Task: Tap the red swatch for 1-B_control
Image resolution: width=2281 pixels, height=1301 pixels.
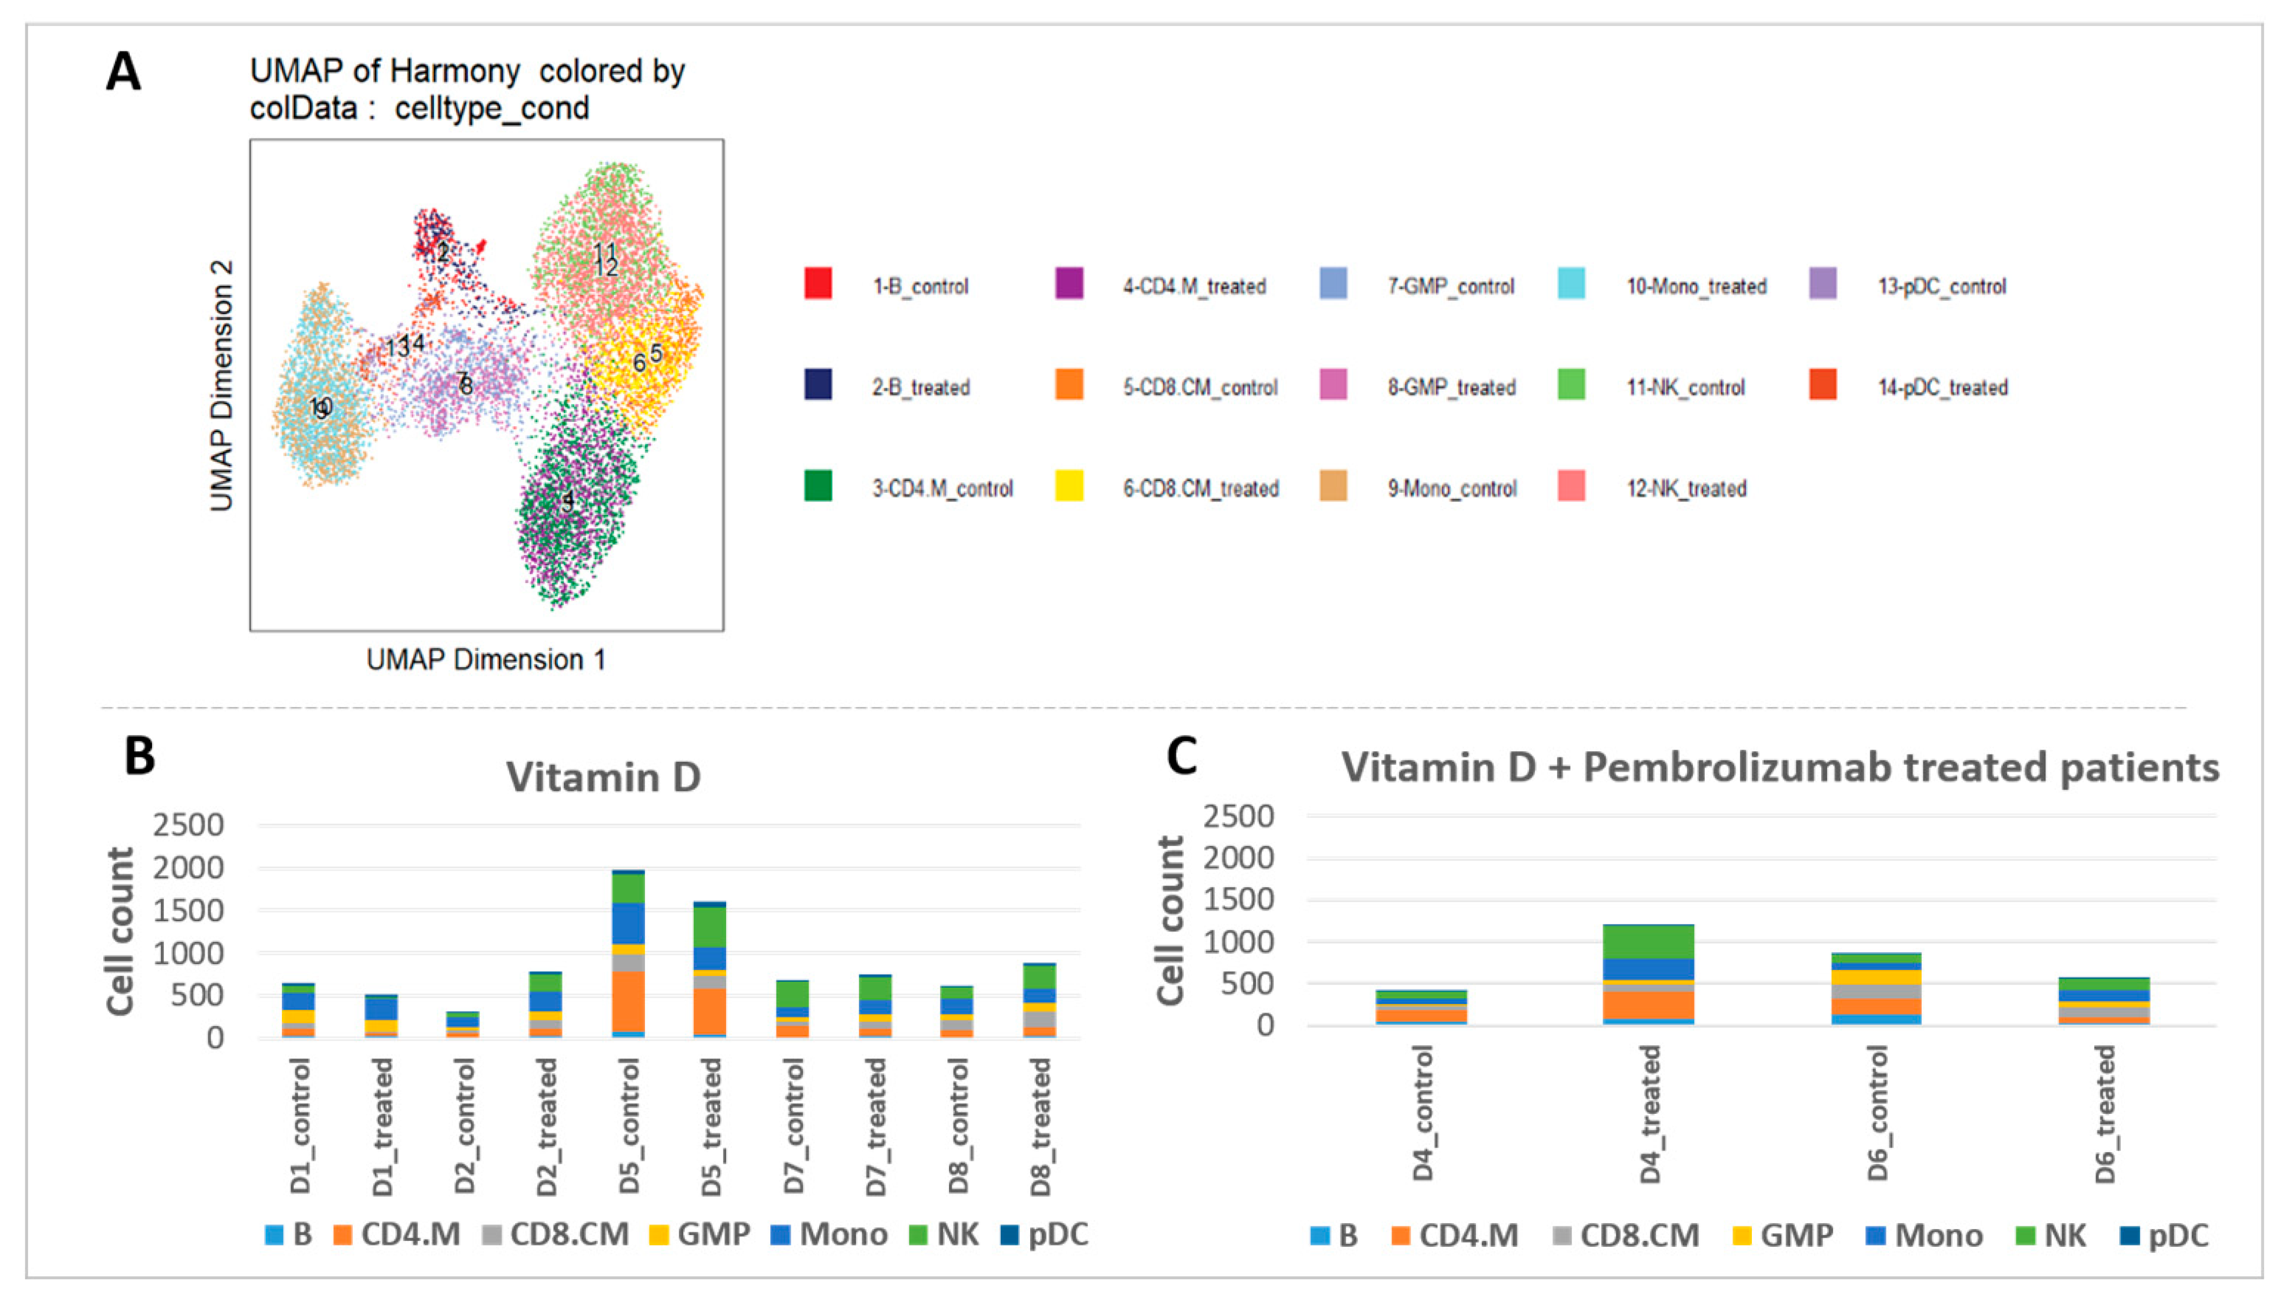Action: pyautogui.click(x=818, y=284)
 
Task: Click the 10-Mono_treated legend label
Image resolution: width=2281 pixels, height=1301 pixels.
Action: pyautogui.click(x=1696, y=287)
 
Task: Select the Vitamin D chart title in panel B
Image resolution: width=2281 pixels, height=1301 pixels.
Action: pyautogui.click(x=603, y=776)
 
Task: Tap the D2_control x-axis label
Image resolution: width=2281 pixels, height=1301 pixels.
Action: pyautogui.click(x=465, y=1125)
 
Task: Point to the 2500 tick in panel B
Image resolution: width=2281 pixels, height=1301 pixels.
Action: pyautogui.click(x=188, y=825)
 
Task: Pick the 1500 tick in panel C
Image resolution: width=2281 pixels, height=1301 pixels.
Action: pyautogui.click(x=1238, y=900)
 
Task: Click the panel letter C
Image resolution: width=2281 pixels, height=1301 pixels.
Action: pyautogui.click(x=1182, y=756)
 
